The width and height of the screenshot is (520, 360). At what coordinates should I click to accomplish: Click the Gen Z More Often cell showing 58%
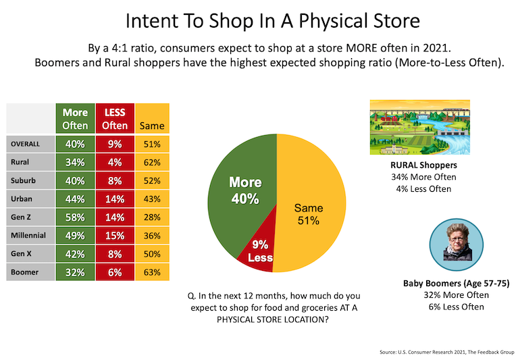(76, 218)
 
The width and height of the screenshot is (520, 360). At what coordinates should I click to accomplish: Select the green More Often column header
(76, 119)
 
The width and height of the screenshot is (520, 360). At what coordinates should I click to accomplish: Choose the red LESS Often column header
(115, 119)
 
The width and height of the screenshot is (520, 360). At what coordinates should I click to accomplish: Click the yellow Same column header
(151, 126)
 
